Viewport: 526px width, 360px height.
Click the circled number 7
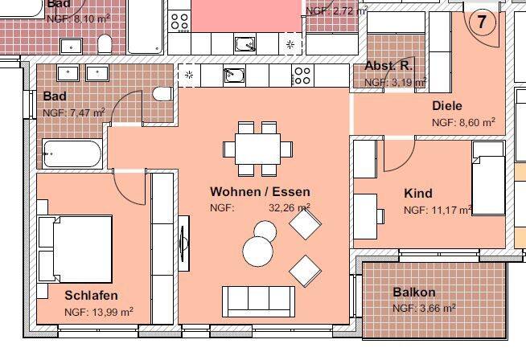coord(482,22)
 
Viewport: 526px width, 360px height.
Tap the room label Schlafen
coord(91,295)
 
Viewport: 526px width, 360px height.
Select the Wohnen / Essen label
coord(260,192)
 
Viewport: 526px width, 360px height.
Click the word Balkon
coord(413,292)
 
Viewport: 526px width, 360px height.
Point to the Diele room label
coord(447,106)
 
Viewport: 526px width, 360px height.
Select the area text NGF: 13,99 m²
coord(98,312)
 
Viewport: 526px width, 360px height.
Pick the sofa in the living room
coord(257,301)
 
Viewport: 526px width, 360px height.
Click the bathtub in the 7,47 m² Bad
coord(72,152)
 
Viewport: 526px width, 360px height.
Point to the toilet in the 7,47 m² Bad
coord(162,95)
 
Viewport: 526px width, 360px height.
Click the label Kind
coord(417,194)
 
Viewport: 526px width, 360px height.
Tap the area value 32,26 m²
coord(289,207)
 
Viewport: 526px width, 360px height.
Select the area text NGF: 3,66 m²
coord(423,309)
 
